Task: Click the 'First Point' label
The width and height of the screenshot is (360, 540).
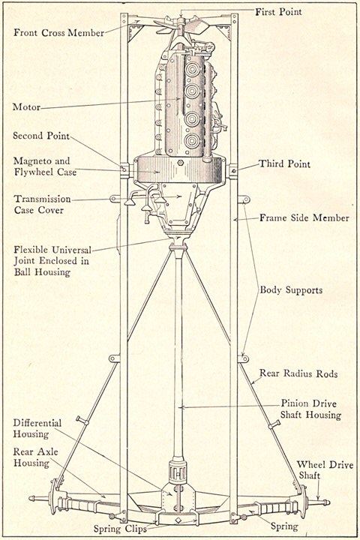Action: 278,12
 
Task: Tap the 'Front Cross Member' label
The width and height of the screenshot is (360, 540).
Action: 59,33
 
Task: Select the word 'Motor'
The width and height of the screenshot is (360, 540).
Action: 26,106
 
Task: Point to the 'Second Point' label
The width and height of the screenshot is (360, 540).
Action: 41,135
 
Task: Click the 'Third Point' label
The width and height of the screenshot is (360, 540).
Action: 284,163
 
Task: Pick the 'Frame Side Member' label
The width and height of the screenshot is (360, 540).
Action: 304,217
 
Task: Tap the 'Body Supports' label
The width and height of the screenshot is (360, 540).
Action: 291,290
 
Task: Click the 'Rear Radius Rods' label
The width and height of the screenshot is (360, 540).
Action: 298,373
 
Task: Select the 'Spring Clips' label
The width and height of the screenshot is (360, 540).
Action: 120,529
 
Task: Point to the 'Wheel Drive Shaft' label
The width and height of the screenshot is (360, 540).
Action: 325,470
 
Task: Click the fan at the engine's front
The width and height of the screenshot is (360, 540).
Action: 181,25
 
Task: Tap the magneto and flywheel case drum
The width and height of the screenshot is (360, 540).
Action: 180,169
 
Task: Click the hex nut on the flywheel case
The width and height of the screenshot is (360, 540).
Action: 180,163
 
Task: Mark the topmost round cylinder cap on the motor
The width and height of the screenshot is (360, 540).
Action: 192,70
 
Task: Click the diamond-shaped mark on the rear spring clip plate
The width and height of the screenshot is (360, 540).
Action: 178,520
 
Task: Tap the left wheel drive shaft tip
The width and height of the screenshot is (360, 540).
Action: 31,498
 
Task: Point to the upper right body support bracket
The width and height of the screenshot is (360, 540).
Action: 244,199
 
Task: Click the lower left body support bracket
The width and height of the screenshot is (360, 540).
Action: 114,358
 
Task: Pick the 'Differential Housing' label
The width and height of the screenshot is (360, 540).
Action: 37,428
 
